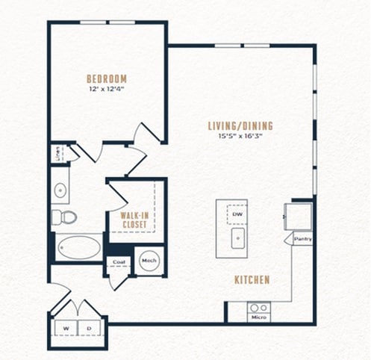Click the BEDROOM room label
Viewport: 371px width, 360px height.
tap(107, 79)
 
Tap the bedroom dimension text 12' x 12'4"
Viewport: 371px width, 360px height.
tap(107, 89)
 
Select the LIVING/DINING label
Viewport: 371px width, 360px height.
tap(240, 126)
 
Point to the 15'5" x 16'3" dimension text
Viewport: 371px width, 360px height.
tap(240, 136)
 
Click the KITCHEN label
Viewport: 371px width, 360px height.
tap(252, 280)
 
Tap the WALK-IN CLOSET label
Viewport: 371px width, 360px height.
tap(134, 220)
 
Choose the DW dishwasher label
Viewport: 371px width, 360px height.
tap(237, 214)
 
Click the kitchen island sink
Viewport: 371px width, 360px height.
tap(238, 238)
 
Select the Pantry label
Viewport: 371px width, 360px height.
tap(303, 239)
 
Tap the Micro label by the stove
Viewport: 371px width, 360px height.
tap(259, 317)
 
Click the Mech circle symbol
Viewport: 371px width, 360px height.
tap(149, 261)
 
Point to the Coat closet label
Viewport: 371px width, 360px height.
tap(119, 262)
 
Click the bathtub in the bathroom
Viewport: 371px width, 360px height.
tap(79, 247)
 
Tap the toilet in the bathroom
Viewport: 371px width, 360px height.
tap(63, 217)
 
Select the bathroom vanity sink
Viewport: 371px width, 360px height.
tap(60, 190)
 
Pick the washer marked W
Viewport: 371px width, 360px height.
tap(66, 328)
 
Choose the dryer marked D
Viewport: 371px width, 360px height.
tap(90, 328)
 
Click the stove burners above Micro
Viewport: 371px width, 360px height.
tap(259, 308)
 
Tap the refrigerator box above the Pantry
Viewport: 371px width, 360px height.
tap(299, 217)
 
